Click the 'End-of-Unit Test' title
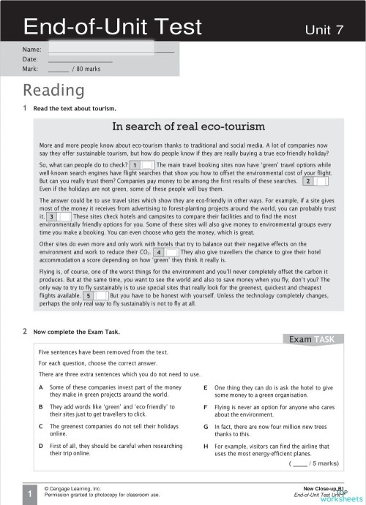click(x=112, y=26)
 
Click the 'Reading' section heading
click(x=53, y=90)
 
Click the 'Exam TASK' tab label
click(x=311, y=339)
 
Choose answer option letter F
click(x=206, y=406)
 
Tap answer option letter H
click(x=206, y=444)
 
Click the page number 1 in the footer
click(x=28, y=495)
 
